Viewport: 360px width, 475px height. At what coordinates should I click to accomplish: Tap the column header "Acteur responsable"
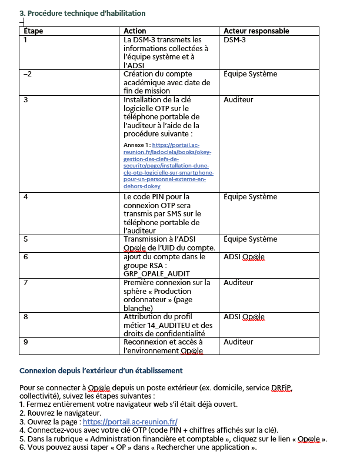[x=256, y=31]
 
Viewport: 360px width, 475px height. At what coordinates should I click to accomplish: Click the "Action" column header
[x=135, y=31]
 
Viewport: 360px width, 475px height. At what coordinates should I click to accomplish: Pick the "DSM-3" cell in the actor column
[x=235, y=40]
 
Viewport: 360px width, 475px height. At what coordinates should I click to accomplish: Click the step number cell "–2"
[x=27, y=74]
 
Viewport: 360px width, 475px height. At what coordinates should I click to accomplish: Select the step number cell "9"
[x=26, y=342]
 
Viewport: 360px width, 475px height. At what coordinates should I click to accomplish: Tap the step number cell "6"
[x=26, y=257]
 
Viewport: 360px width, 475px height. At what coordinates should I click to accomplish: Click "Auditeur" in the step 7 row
[x=238, y=283]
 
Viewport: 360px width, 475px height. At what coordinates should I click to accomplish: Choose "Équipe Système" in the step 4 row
[x=250, y=196]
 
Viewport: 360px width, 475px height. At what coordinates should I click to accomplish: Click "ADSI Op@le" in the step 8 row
[x=244, y=317]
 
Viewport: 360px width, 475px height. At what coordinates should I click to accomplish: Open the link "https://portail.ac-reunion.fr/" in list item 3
[x=130, y=422]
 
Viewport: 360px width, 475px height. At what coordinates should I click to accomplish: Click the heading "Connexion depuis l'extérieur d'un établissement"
[x=101, y=371]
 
